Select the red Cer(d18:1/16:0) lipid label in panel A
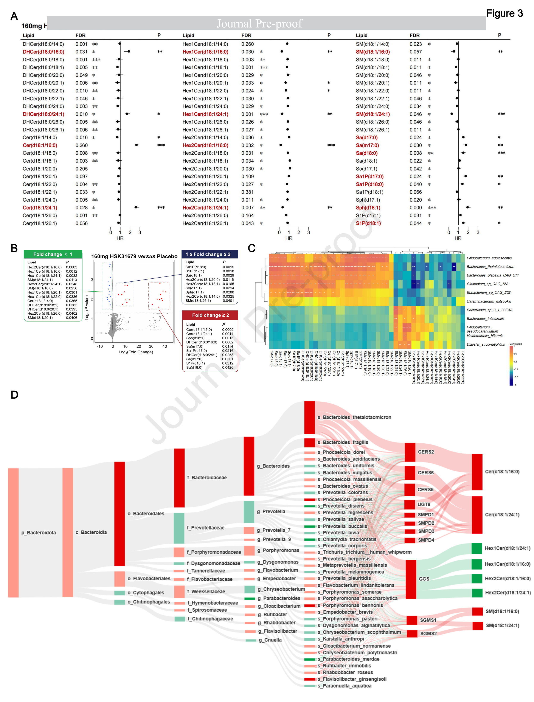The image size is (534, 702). point(40,145)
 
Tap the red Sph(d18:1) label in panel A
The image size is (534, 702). point(368,208)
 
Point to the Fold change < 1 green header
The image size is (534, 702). point(53,254)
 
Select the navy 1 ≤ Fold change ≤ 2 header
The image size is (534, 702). point(210,254)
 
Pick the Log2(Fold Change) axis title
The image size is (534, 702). point(136,352)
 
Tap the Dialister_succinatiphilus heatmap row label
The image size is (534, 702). point(485,344)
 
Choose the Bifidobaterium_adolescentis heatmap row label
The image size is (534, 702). point(489,258)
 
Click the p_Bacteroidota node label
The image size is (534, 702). point(39,533)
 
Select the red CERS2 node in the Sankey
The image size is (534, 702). point(410,452)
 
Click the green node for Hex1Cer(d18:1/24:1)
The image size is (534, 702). point(477,548)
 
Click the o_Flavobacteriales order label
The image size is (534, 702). point(149,578)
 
